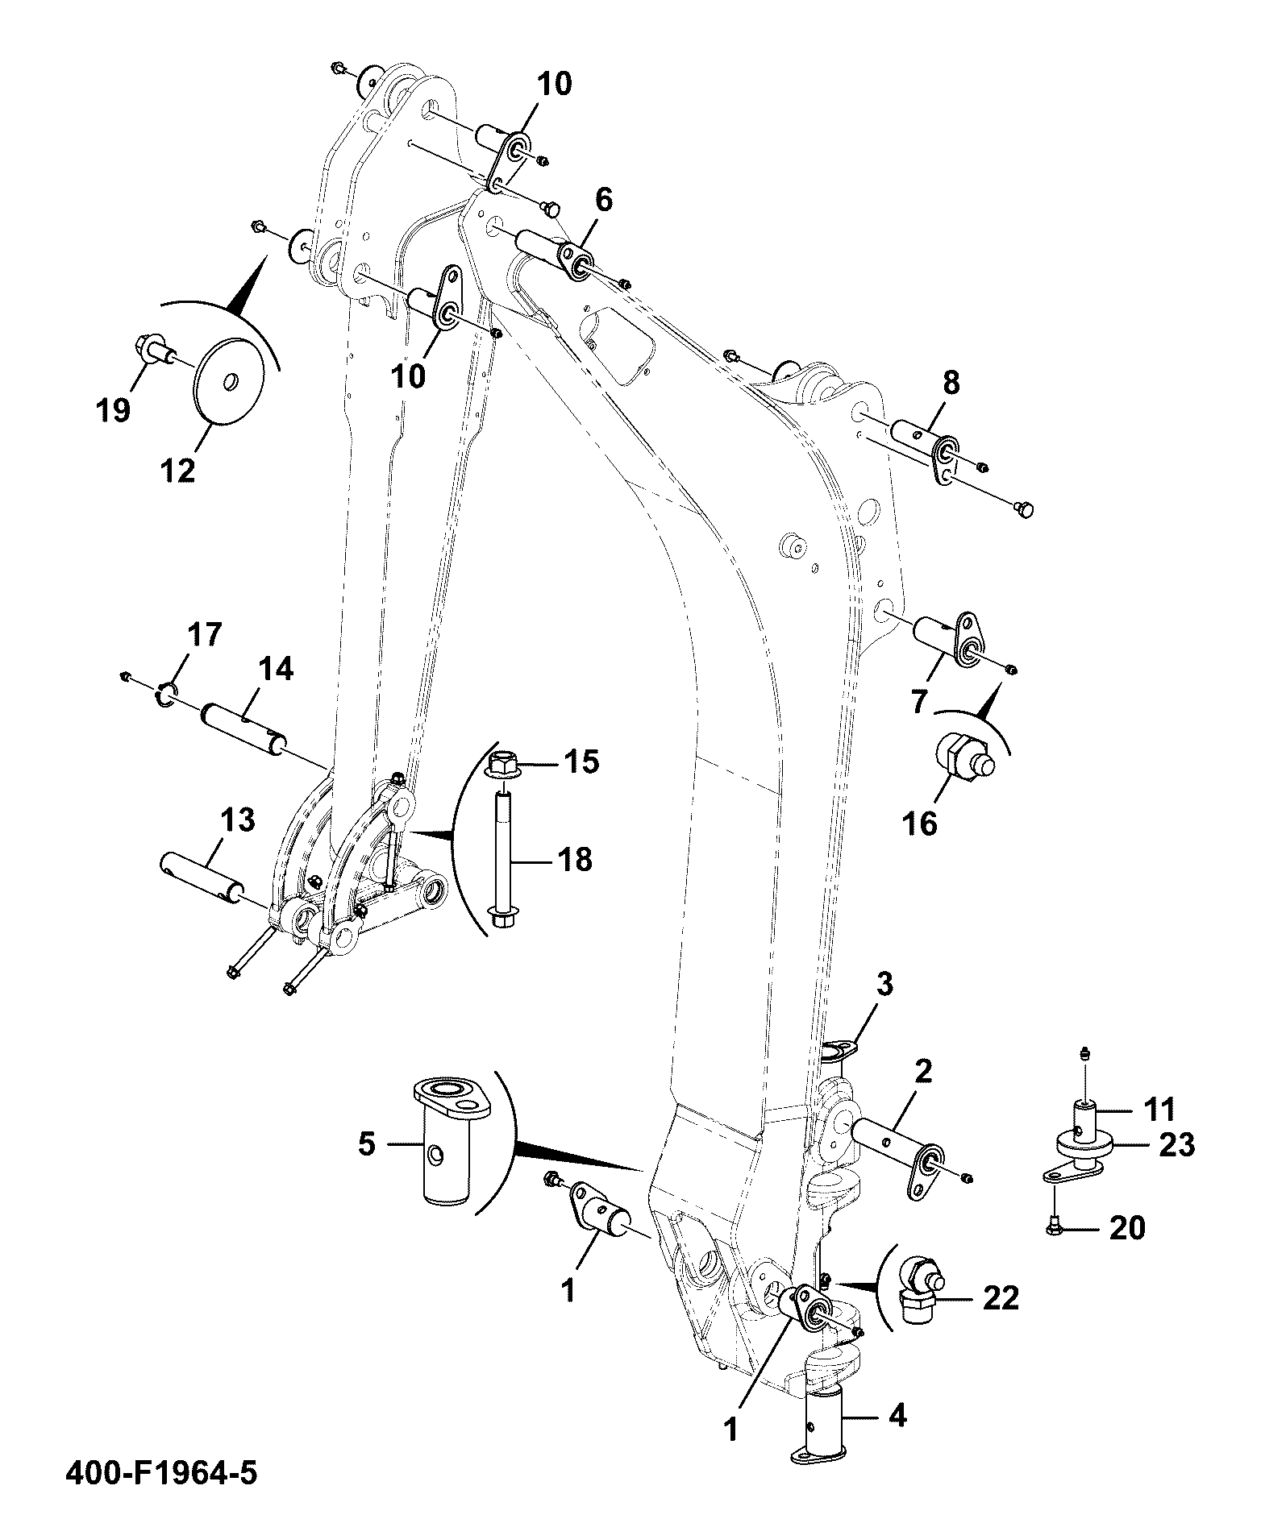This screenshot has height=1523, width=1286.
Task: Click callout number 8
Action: [x=951, y=384]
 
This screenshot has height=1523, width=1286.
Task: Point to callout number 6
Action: [x=603, y=198]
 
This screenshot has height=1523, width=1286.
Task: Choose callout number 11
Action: [x=1159, y=1110]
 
